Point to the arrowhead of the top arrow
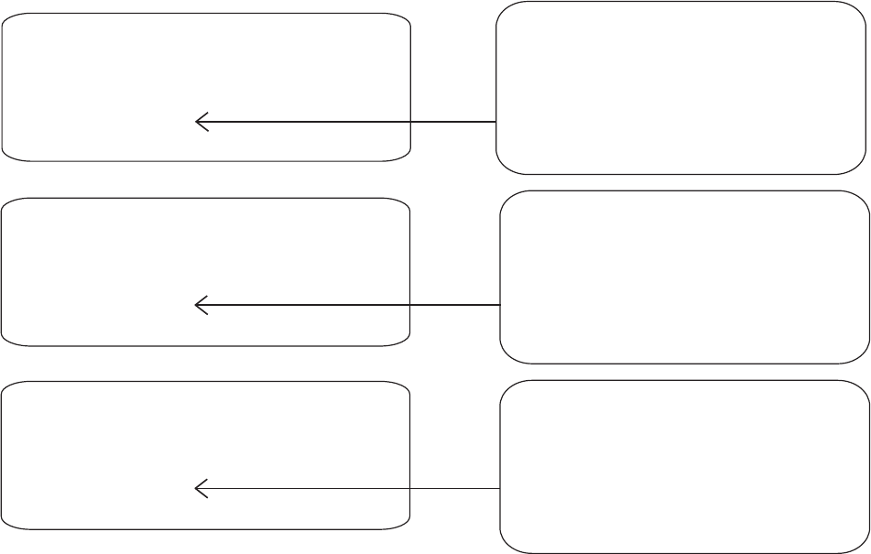click(x=199, y=122)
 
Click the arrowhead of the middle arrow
click(x=199, y=305)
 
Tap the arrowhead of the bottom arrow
click(x=199, y=489)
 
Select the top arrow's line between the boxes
click(x=453, y=122)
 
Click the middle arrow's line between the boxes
click(x=455, y=305)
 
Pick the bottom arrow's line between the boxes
click(x=455, y=489)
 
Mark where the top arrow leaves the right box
click(x=496, y=122)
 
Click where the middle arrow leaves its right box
click(x=500, y=305)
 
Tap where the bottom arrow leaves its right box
click(x=500, y=489)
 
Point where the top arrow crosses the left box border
click(x=410, y=122)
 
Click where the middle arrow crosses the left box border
click(x=409, y=305)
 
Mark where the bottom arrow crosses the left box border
click(x=409, y=489)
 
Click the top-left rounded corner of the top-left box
click(x=8, y=18)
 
